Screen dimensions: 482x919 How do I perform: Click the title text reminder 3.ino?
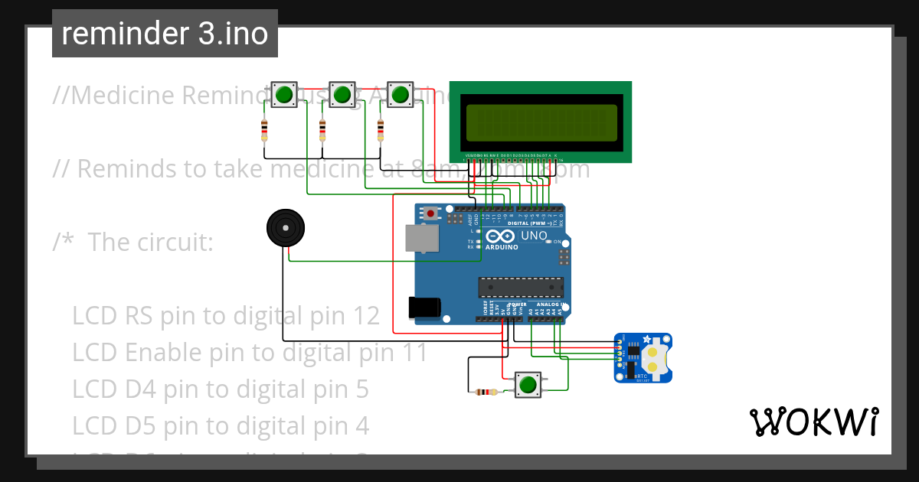coord(165,34)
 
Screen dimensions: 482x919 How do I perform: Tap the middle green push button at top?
coord(342,95)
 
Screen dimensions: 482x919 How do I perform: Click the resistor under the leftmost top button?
coord(265,131)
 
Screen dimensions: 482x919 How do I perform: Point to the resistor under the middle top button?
coord(322,131)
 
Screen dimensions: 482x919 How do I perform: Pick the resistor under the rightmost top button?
coord(380,131)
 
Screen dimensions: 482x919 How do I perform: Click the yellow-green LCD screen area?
coord(541,122)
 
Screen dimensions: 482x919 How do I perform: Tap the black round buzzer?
coord(286,228)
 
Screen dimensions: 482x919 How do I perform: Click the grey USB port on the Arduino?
coord(422,238)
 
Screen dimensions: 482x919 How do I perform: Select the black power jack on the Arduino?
coord(424,307)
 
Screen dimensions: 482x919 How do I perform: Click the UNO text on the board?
coord(534,236)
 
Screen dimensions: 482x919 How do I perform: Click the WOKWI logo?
coord(813,422)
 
